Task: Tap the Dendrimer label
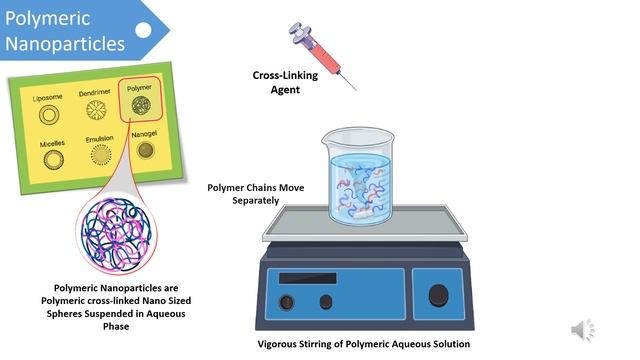[94, 93]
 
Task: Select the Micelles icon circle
[50, 159]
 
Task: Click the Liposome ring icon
[47, 115]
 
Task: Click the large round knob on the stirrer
[439, 294]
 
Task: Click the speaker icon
[583, 330]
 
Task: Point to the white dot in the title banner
[143, 29]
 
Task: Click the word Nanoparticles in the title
[65, 43]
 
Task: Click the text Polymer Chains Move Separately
[257, 193]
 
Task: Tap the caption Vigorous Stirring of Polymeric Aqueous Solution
[363, 344]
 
